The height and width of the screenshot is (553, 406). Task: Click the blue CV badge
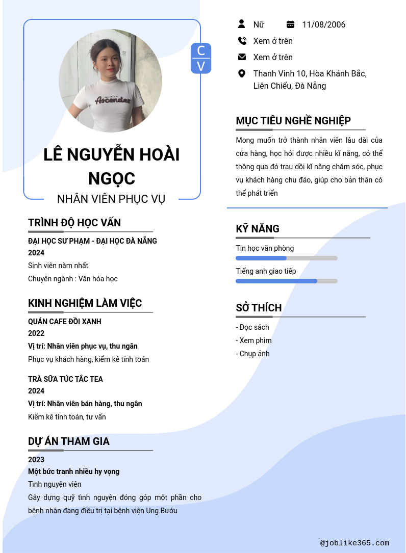click(200, 58)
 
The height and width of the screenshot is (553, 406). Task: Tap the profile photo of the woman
click(110, 81)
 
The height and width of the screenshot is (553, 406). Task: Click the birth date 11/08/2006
click(323, 24)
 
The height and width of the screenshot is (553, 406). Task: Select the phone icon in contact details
click(242, 41)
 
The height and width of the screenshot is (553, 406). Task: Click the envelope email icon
click(242, 57)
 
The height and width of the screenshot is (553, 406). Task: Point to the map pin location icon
click(242, 73)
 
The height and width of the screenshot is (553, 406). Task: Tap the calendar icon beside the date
click(290, 24)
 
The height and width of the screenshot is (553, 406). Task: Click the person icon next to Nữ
click(242, 24)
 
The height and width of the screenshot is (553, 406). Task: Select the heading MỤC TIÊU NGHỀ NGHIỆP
click(293, 121)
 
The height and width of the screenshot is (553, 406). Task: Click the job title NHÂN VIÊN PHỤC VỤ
click(111, 199)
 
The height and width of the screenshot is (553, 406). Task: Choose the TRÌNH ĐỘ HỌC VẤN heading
click(74, 223)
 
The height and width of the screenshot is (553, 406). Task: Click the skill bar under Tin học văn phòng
click(286, 258)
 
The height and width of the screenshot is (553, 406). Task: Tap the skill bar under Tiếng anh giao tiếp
click(286, 281)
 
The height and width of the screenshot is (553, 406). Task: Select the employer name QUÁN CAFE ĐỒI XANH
click(65, 322)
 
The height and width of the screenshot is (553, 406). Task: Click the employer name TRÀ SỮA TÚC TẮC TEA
click(65, 379)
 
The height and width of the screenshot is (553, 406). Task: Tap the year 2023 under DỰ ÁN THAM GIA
click(36, 460)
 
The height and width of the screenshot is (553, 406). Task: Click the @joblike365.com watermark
click(354, 543)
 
